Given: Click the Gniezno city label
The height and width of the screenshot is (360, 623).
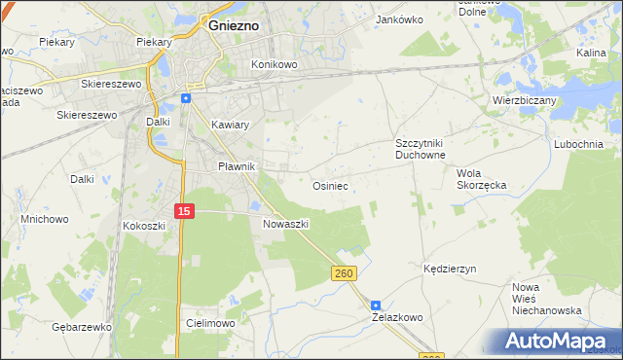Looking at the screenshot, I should coord(233,26).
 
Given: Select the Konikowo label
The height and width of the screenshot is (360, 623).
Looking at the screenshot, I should coord(274,64).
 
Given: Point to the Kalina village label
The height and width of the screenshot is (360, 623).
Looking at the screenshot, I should coord(591,53).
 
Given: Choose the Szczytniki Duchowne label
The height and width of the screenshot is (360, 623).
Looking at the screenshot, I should coord(420,148).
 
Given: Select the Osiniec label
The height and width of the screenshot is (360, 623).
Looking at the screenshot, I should coord(330,184).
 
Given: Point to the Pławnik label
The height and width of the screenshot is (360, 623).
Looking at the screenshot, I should coord(236,166).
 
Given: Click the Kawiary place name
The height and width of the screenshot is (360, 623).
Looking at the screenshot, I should coord(231,125).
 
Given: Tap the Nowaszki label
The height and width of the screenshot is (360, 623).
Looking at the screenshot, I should coord(285,223).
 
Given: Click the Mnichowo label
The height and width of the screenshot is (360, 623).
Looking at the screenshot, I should coord(45,219).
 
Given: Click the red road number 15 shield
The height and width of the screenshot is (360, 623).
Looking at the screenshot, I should coord(185,210).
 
